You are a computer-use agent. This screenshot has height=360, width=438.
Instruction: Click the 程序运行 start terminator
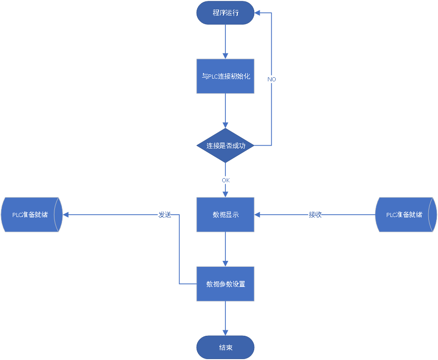pos(225,13)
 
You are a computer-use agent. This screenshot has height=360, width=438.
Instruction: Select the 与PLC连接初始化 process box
pos(225,76)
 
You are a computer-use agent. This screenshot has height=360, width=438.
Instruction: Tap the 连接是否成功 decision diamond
pos(225,146)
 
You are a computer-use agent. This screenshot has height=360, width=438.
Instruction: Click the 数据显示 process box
pos(225,215)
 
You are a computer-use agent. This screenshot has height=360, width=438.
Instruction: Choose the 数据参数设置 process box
pos(225,284)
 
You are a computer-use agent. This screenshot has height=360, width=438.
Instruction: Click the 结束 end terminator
pos(225,347)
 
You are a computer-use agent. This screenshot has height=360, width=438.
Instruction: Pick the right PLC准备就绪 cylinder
pos(405,215)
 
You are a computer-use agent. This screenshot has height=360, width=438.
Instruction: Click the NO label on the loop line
pos(272,79)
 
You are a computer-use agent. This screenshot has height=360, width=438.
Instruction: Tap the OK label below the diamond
pos(225,180)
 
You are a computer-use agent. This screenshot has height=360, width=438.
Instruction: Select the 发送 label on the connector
pos(165,215)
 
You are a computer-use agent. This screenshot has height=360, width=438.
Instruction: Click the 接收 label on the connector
pos(315,215)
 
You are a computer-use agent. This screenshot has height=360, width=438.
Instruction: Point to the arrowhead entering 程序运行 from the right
pos(257,13)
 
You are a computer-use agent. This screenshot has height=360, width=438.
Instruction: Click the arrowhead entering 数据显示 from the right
pos(257,215)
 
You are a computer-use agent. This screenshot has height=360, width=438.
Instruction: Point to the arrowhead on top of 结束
pos(225,333)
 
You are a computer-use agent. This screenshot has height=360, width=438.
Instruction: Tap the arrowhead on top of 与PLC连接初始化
pos(225,56)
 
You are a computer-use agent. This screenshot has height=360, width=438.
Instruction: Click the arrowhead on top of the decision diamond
pos(225,125)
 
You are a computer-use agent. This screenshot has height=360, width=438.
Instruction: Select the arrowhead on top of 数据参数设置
pos(225,264)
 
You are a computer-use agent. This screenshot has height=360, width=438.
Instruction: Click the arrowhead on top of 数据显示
pos(225,194)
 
